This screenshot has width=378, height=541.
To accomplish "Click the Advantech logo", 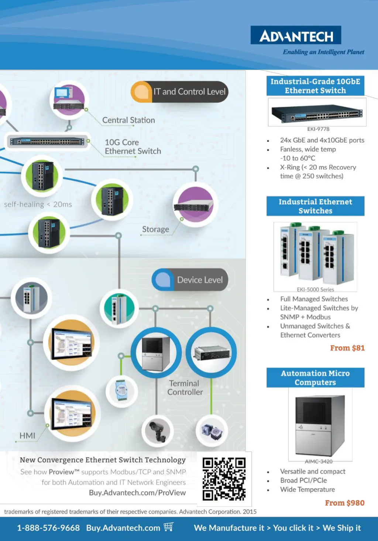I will (296, 35).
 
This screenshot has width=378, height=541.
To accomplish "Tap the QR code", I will (224, 479).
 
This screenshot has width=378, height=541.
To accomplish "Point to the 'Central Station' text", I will (128, 120).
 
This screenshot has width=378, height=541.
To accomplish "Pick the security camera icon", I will (158, 431).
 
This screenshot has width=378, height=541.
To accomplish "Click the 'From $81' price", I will (347, 348).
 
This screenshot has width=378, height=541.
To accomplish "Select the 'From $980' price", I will (344, 503).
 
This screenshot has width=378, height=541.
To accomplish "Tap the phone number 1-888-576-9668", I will (48, 528).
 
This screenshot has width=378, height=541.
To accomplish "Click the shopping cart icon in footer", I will (169, 527).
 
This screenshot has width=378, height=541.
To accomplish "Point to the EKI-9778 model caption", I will (318, 129).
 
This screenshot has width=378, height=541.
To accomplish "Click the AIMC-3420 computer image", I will (320, 425).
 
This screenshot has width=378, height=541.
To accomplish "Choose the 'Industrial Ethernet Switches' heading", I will (315, 206).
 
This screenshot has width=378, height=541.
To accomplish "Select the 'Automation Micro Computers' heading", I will (315, 378).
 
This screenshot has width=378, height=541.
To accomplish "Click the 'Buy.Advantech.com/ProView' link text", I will (137, 493).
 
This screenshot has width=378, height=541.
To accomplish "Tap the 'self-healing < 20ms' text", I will (38, 204).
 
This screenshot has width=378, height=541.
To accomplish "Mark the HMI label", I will (27, 436).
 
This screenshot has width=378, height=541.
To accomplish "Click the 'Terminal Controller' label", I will (185, 388).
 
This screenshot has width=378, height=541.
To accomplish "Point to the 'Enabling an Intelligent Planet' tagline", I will (323, 52).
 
